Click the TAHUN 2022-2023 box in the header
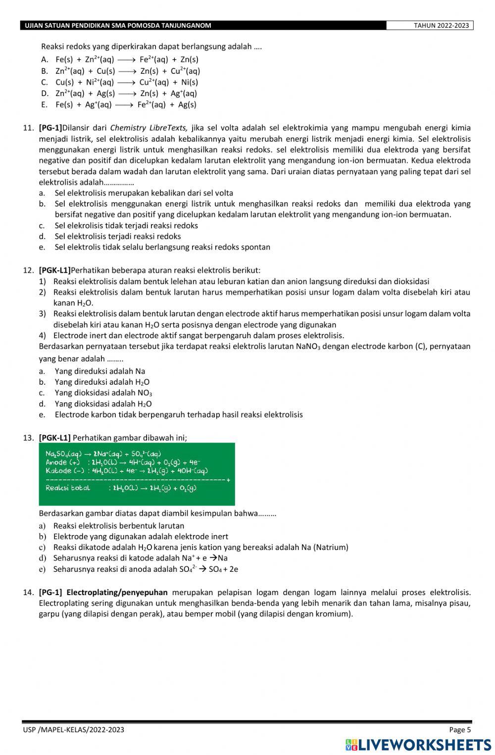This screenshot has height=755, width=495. tap(429, 26)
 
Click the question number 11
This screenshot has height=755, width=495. tap(28, 128)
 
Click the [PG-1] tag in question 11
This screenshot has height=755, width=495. tap(50, 128)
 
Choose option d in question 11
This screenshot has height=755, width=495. tap(118, 236)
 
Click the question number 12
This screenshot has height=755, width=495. tap(28, 270)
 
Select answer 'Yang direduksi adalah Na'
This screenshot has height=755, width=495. tap(99, 371)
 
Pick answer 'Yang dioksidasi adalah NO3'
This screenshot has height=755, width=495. tap(103, 393)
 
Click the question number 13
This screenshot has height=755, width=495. tap(28, 438)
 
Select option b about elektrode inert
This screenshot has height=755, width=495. tap(141, 537)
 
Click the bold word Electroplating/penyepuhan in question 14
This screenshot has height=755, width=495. tap(117, 593)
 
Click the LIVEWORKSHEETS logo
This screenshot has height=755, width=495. tap(418, 745)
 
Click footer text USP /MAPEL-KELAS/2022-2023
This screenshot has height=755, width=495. tap(73, 730)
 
